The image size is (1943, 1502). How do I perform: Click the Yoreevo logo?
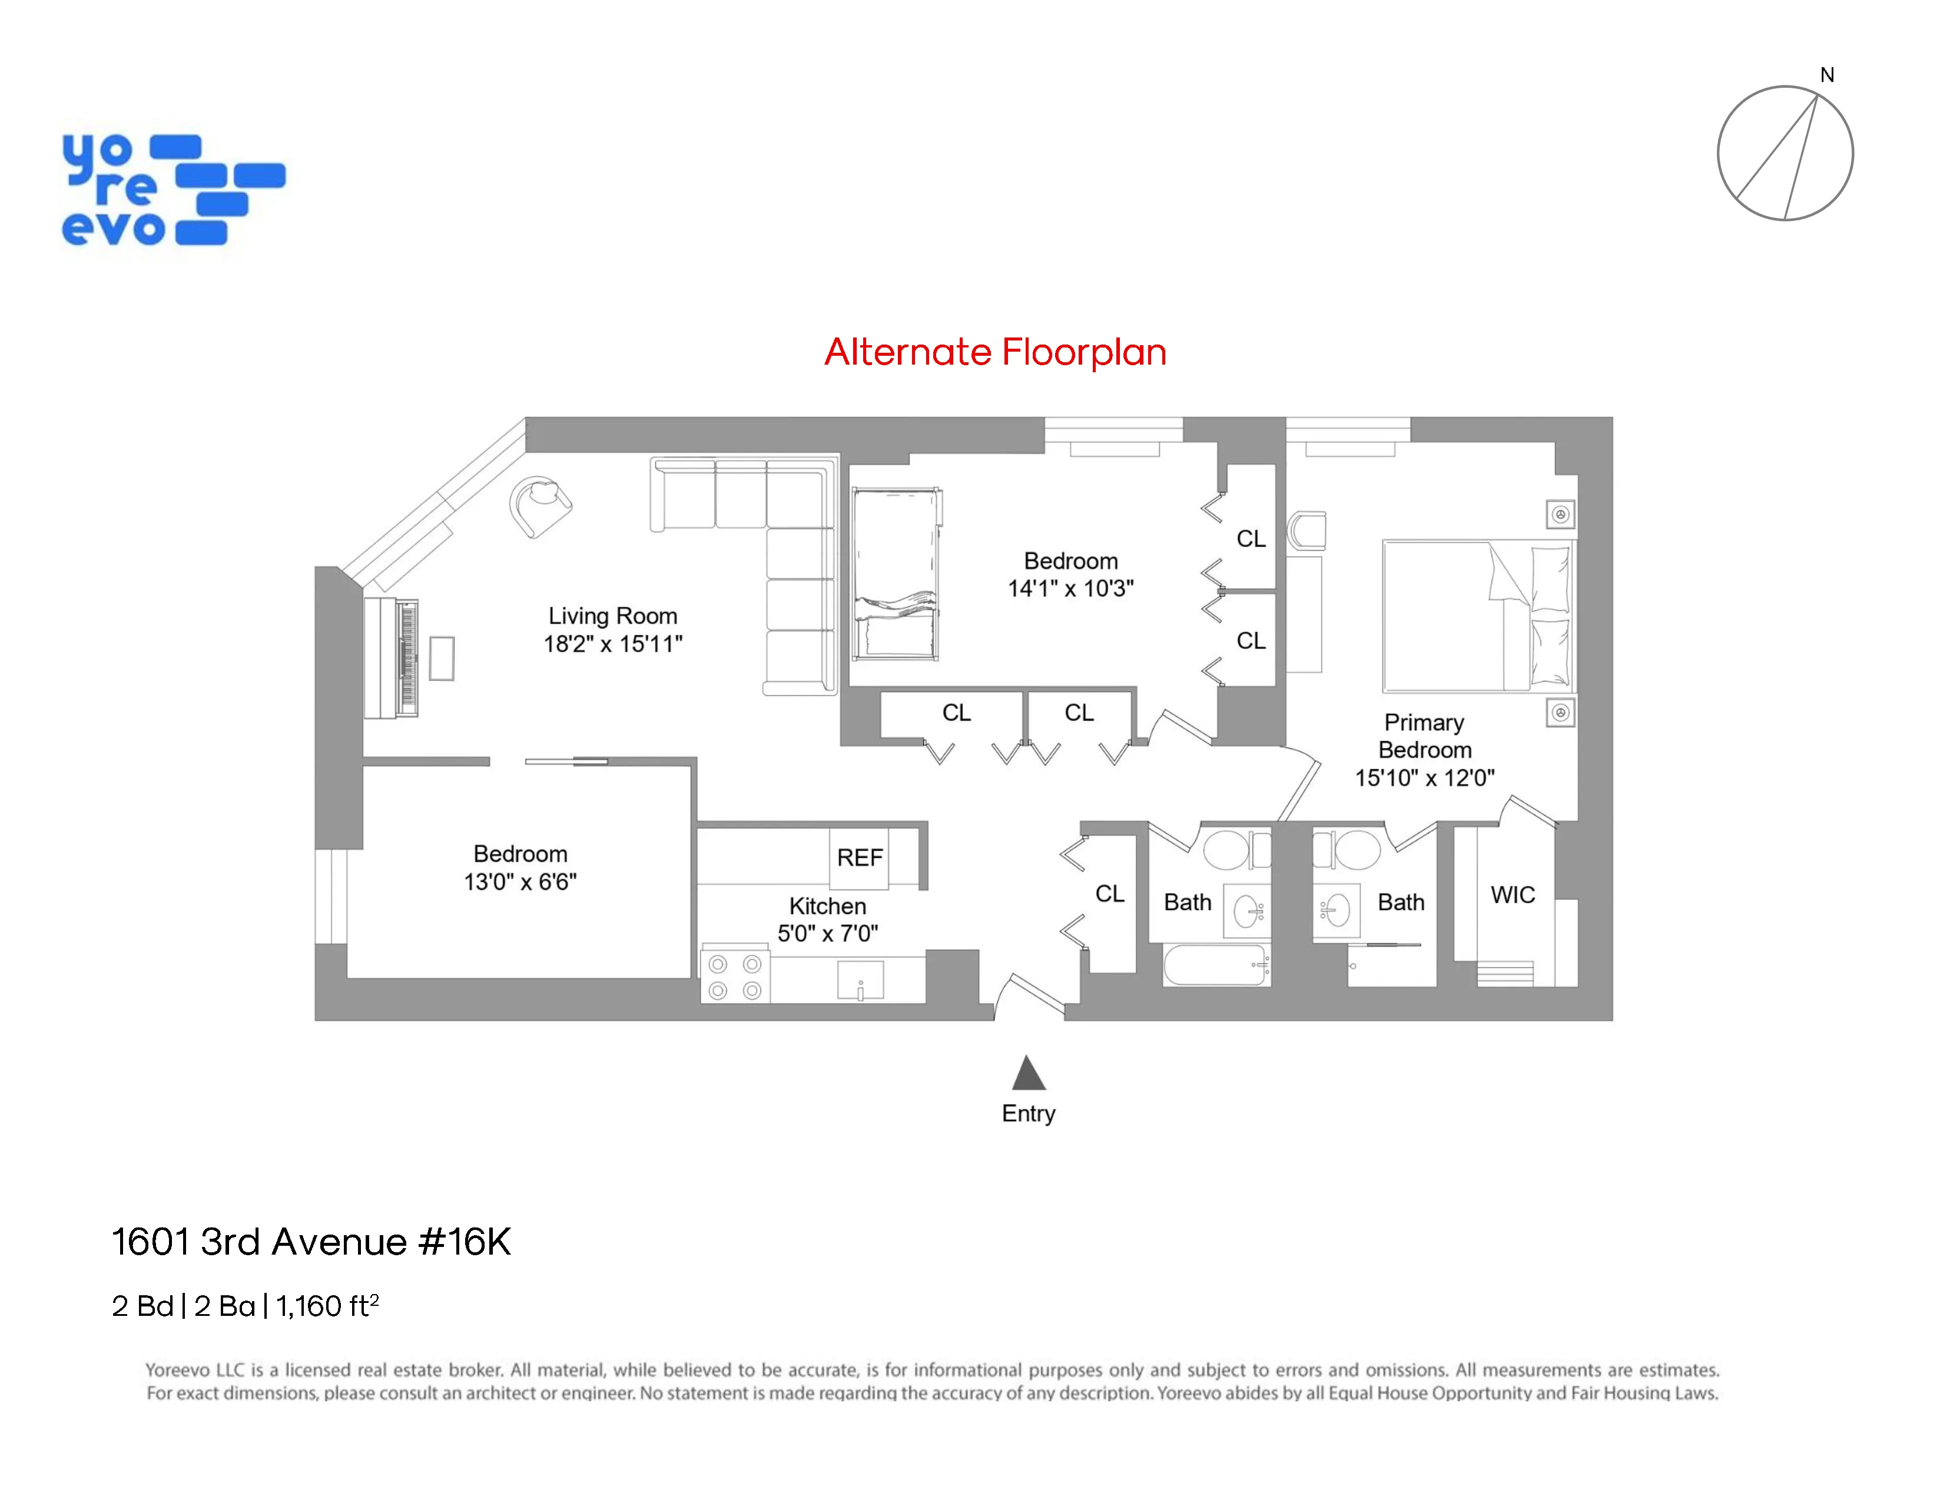click(173, 190)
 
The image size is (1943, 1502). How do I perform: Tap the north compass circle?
click(1784, 153)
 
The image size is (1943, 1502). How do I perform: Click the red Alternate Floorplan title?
click(994, 352)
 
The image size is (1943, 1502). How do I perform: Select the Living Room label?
click(612, 616)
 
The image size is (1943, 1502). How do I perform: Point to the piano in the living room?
click(392, 657)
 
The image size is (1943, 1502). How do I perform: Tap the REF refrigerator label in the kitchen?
click(860, 858)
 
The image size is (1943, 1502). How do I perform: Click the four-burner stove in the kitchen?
click(735, 977)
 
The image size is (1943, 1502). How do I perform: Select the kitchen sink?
click(860, 981)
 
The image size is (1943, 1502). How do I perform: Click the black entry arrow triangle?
click(1029, 1074)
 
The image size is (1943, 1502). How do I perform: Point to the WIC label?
click(1513, 895)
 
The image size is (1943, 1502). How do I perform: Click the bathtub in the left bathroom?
click(1215, 965)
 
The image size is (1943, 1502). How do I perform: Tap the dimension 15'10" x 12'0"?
click(1424, 778)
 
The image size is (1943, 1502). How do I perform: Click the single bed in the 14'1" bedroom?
click(895, 574)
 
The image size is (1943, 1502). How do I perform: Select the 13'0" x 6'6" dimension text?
click(520, 882)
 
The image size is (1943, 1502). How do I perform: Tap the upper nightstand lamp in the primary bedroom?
click(1560, 514)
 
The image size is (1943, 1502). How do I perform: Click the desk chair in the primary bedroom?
click(1307, 530)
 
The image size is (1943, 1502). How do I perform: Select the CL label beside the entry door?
click(1109, 894)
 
